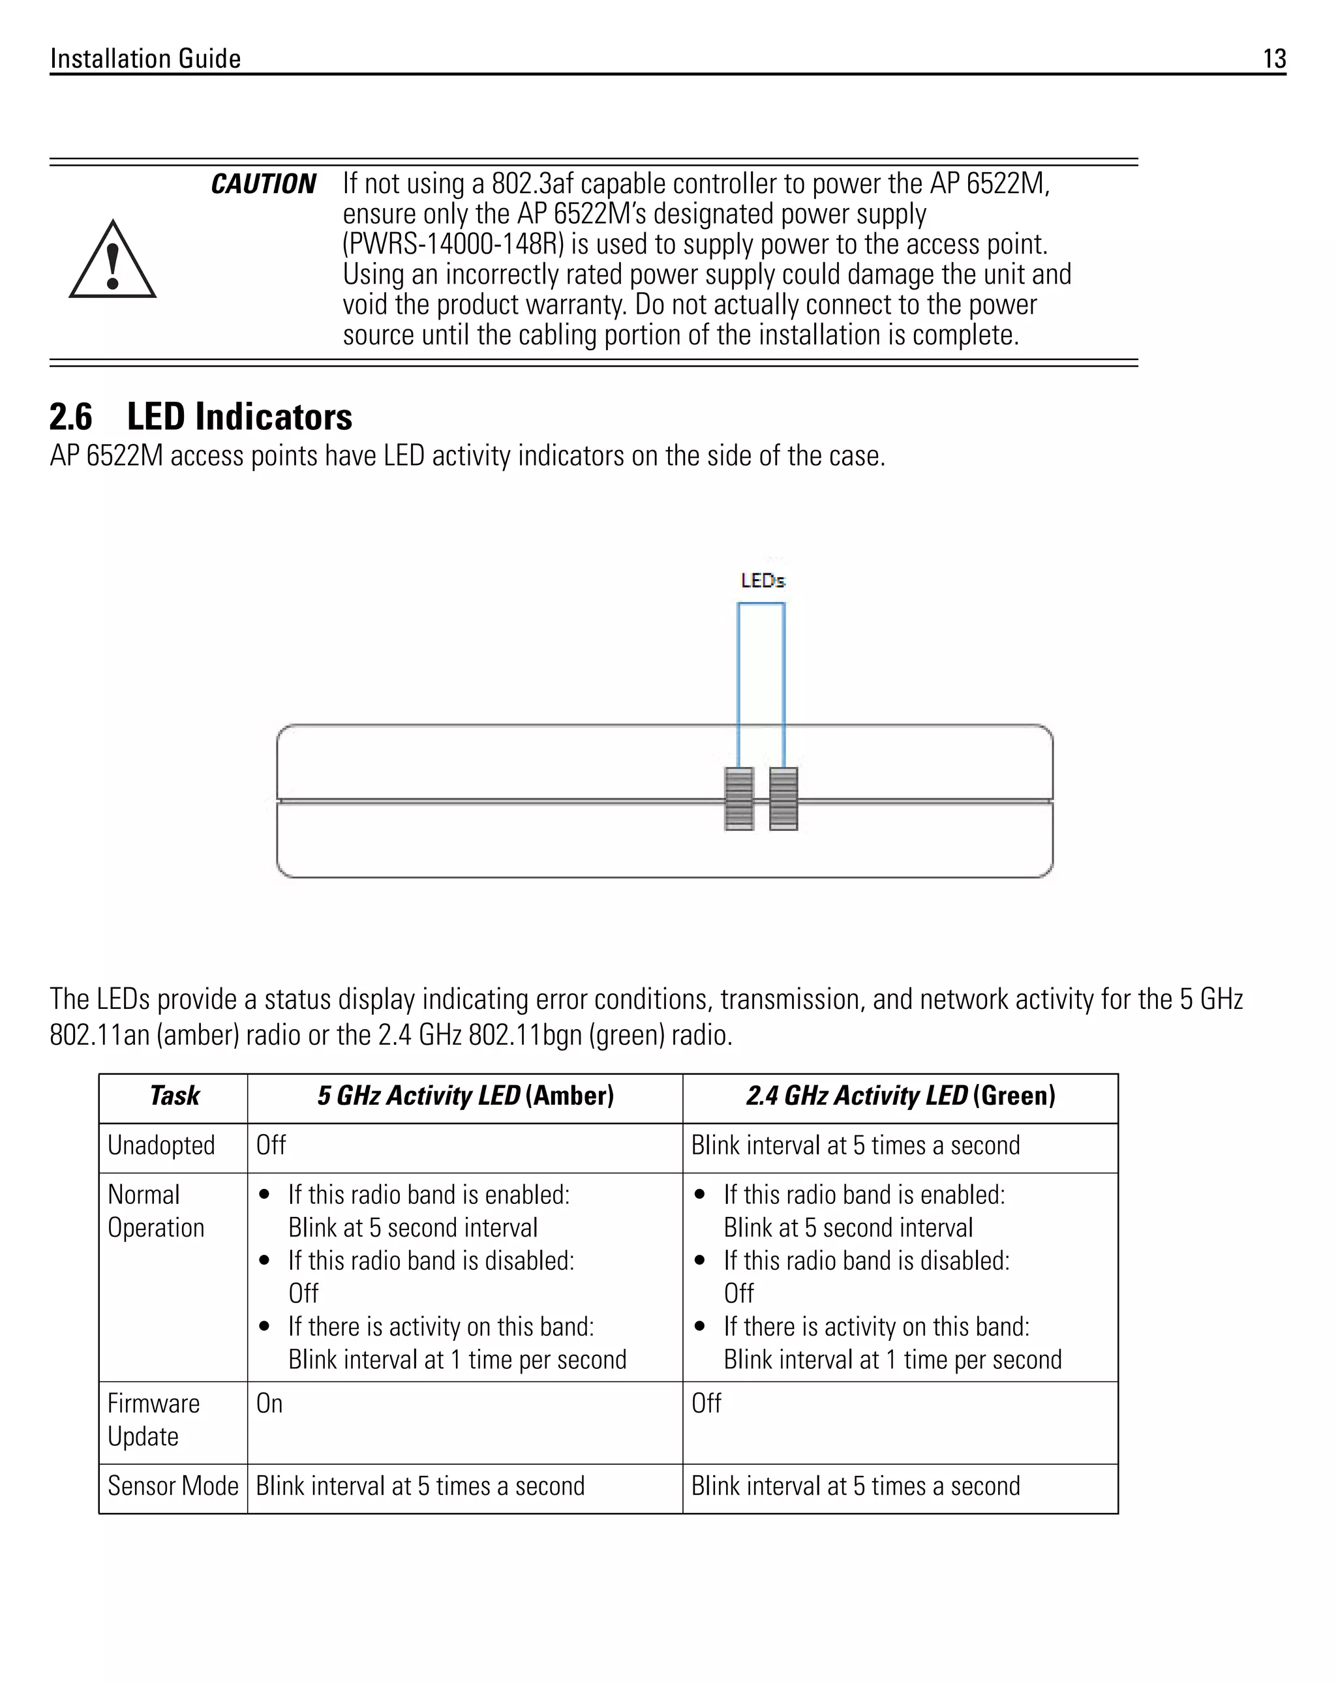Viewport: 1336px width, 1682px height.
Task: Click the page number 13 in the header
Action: point(1273,59)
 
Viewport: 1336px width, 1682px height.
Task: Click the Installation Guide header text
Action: point(145,59)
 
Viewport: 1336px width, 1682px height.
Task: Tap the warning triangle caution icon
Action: point(112,262)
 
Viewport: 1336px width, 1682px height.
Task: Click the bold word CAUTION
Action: point(263,184)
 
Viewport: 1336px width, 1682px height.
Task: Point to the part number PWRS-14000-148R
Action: point(453,244)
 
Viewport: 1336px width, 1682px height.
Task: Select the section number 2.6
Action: point(70,417)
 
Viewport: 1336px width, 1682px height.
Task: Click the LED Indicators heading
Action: point(239,417)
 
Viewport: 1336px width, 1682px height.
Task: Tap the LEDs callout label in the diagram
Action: point(763,580)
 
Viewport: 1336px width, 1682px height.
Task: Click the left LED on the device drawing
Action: point(739,799)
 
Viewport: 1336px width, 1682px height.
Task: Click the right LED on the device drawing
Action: point(783,799)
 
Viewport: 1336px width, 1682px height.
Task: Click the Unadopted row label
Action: point(160,1145)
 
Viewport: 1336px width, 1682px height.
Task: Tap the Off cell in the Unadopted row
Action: point(271,1145)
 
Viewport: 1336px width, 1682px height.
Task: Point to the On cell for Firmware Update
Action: point(269,1404)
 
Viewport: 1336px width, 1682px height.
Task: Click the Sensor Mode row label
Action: point(172,1486)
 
